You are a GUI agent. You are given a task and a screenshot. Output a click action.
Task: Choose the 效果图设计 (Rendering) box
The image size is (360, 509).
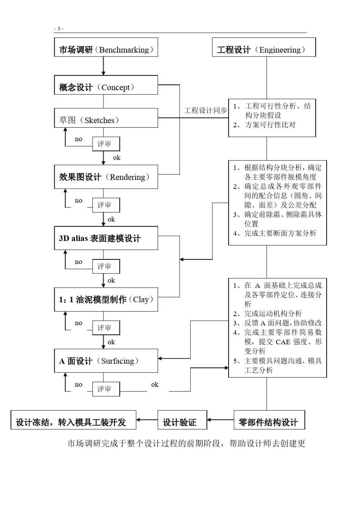click(x=106, y=177)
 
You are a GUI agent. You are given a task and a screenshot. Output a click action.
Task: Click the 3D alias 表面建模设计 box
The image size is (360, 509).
click(x=106, y=238)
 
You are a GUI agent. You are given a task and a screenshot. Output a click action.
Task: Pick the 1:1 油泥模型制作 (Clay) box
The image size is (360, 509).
click(x=106, y=300)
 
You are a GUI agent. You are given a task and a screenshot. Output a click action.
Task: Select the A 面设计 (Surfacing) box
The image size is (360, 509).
click(x=106, y=361)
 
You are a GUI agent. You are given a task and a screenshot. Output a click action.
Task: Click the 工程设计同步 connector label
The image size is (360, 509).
click(x=205, y=111)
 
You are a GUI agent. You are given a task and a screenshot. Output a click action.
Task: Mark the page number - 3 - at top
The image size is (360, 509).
click(x=59, y=29)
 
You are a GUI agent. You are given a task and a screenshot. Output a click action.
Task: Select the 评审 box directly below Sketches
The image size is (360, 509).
click(x=106, y=144)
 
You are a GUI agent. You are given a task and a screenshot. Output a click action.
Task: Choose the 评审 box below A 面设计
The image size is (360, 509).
click(x=106, y=389)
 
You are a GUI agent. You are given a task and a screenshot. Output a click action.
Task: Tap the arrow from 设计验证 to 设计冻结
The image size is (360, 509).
click(x=147, y=420)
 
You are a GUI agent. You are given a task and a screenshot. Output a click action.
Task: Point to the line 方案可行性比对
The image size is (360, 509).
click(x=270, y=125)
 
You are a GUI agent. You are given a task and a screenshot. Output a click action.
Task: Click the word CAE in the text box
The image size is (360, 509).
click(x=283, y=342)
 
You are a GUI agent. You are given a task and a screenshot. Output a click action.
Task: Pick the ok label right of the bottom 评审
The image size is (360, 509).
click(x=155, y=385)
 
